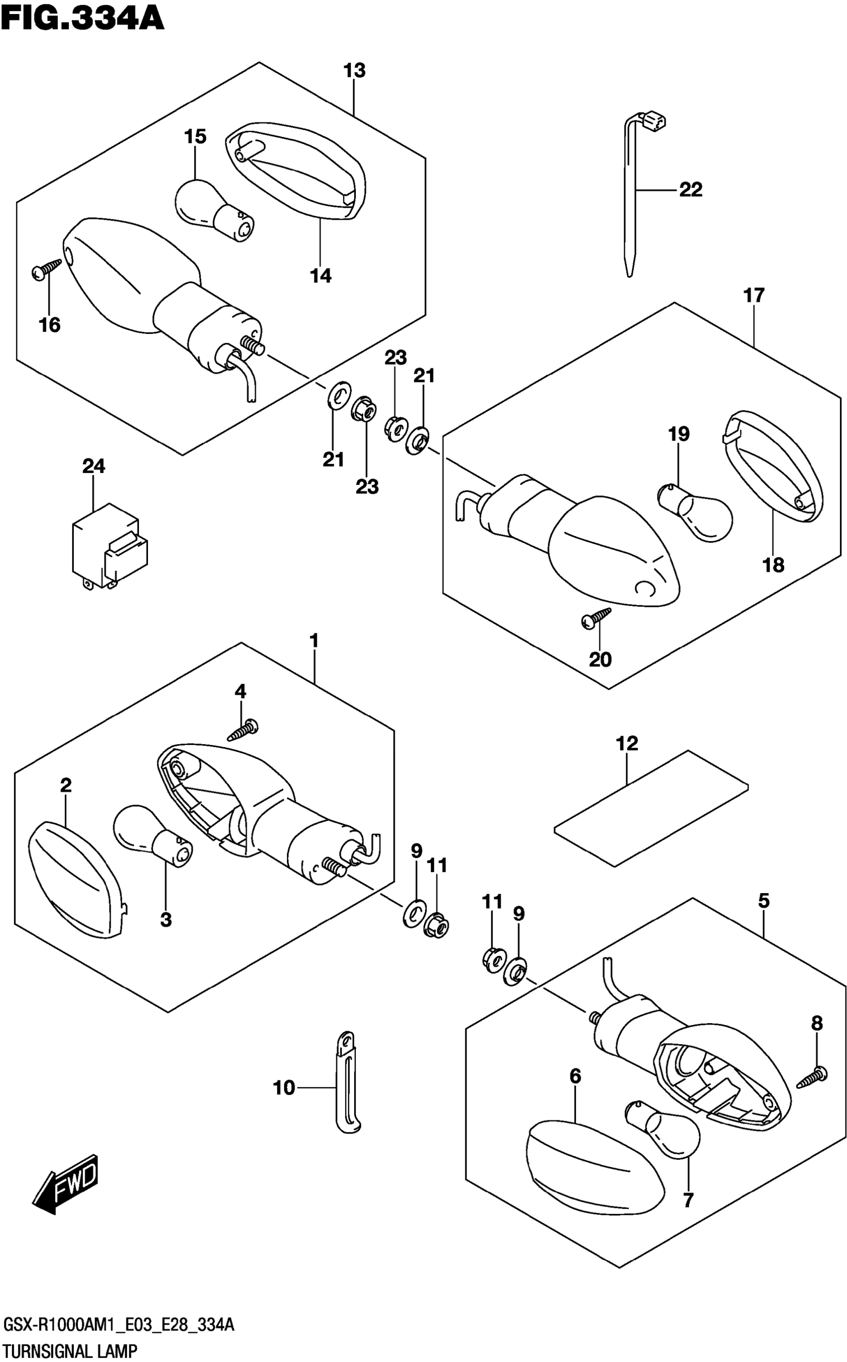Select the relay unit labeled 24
109,546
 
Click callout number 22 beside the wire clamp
690,190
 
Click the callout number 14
321,276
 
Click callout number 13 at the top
354,71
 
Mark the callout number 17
754,295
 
